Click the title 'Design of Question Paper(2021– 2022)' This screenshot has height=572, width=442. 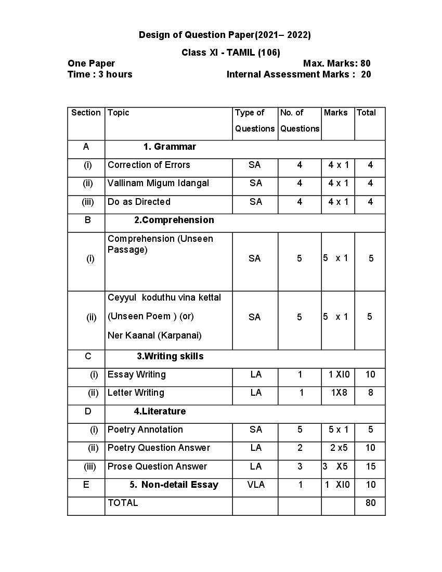225,35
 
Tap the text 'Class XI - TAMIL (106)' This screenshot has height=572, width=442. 231,53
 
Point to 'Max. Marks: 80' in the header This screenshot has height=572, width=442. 336,63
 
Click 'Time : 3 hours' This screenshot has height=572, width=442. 100,74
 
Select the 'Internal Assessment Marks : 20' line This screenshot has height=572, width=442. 298,74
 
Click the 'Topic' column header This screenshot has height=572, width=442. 119,113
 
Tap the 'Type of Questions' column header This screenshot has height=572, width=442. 255,120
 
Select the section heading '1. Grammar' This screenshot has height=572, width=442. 170,147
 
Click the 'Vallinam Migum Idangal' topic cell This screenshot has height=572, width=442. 158,183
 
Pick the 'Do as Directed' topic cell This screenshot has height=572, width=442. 139,202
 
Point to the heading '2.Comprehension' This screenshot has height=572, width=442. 174,220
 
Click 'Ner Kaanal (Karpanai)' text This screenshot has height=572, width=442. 154,335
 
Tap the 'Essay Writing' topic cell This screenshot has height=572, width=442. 137,374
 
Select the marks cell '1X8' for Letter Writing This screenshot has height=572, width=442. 339,393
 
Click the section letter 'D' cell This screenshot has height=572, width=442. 87,411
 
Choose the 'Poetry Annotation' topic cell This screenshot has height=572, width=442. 145,430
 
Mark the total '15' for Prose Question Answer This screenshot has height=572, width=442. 370,466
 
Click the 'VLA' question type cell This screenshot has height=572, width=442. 256,485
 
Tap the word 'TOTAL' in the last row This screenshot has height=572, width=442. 123,503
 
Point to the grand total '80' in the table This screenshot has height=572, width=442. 370,503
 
